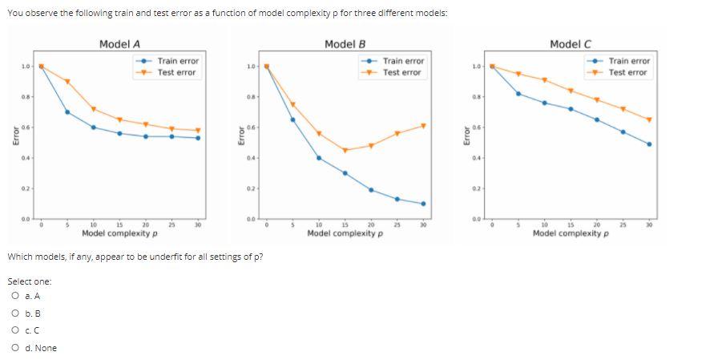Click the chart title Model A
pos(120,44)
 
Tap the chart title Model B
pos(345,44)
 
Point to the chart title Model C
pos(571,44)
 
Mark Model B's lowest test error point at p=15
pos(345,150)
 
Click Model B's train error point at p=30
pos(423,204)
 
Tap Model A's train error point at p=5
pos(67,111)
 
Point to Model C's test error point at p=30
pos(649,119)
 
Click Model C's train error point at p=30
pos(649,144)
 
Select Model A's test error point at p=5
pos(67,82)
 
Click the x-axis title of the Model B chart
pos(345,233)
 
